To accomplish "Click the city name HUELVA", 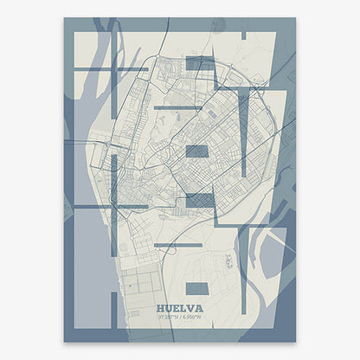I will pos(180,306).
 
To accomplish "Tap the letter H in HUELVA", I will pos(162,306).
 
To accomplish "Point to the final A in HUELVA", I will pos(199,306).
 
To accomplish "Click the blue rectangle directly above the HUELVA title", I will pos(197,287).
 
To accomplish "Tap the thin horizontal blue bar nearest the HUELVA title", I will pos(177,245).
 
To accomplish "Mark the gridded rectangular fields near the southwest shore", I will pos(138,280).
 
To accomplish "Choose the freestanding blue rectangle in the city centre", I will pos(197,151).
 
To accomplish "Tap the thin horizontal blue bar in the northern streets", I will pos(178,107).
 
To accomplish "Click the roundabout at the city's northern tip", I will pos(157,59).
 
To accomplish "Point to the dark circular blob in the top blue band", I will pos(218,27).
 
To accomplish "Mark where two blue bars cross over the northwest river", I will pos(112,68).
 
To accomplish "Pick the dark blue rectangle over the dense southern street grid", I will pos(200,201).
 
